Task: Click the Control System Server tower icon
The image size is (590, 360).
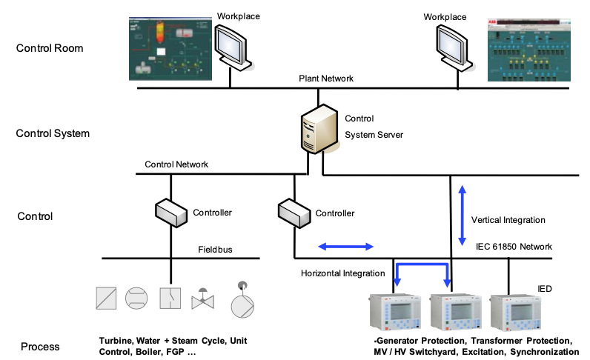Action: [x=318, y=130]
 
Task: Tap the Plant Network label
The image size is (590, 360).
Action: [x=326, y=78]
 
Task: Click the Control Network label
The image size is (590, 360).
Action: [x=176, y=164]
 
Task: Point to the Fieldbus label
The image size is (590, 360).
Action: [x=215, y=250]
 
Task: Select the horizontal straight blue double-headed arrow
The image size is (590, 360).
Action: [x=346, y=245]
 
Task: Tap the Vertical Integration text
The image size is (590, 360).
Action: [x=508, y=220]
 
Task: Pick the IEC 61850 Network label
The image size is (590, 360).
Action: [x=514, y=246]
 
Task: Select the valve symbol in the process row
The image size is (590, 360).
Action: [x=203, y=300]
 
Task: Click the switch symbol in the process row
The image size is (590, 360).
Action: [x=170, y=298]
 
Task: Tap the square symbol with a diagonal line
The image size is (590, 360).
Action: [x=106, y=298]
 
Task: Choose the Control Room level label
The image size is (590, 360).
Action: [x=49, y=49]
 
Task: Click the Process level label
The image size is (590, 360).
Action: [x=41, y=347]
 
